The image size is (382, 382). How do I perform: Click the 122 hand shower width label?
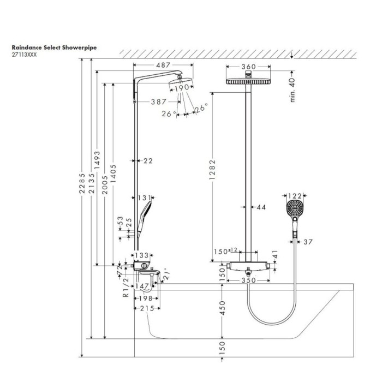[295, 196]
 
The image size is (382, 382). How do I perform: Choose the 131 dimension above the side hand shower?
[144, 198]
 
